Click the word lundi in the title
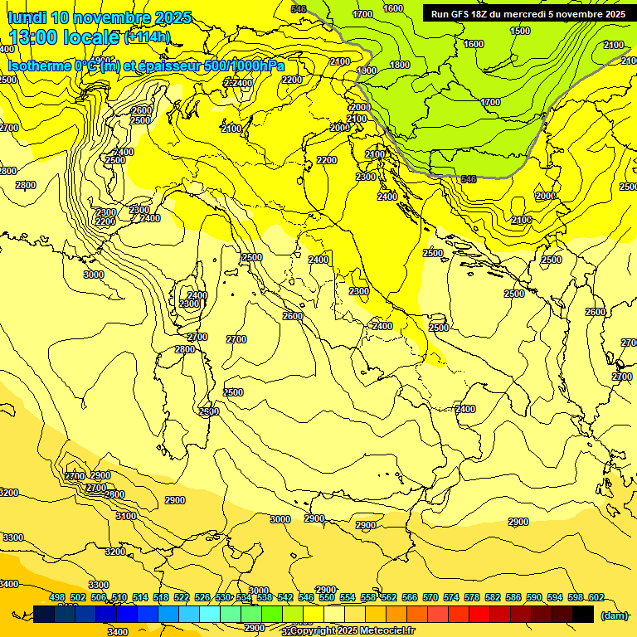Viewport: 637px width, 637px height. pos(27,17)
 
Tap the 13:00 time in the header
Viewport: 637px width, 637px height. pos(34,36)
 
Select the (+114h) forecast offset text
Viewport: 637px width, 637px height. pos(147,36)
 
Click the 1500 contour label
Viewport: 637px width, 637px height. pos(520,31)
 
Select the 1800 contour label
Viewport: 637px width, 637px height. pos(400,65)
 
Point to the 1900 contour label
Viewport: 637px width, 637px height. pos(367,71)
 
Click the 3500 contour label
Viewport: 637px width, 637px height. pos(233,392)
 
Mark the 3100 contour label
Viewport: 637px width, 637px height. pos(126,516)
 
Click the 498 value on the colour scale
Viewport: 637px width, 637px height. pos(57,597)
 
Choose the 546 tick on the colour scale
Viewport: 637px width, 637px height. pos(306,597)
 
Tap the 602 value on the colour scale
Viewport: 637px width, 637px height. pos(596,597)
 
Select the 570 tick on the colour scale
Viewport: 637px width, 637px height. pos(430,597)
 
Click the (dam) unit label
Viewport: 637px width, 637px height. pos(614,615)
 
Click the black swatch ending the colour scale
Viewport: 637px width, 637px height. pos(583,614)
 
